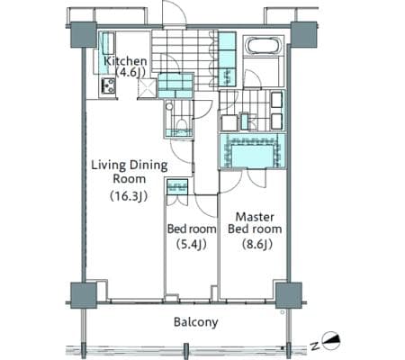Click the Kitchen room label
[125, 61]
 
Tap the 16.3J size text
[129, 196]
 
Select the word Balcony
[196, 322]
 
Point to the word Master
[255, 217]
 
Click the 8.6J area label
[257, 244]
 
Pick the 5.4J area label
[192, 244]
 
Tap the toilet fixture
[181, 123]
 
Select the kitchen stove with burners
[108, 86]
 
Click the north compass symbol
[332, 340]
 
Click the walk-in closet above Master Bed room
[252, 151]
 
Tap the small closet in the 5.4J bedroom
[177, 186]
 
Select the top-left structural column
[84, 34]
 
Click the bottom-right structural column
[289, 295]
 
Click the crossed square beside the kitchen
[147, 88]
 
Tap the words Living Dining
[130, 166]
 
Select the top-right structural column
[304, 34]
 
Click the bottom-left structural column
[84, 295]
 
